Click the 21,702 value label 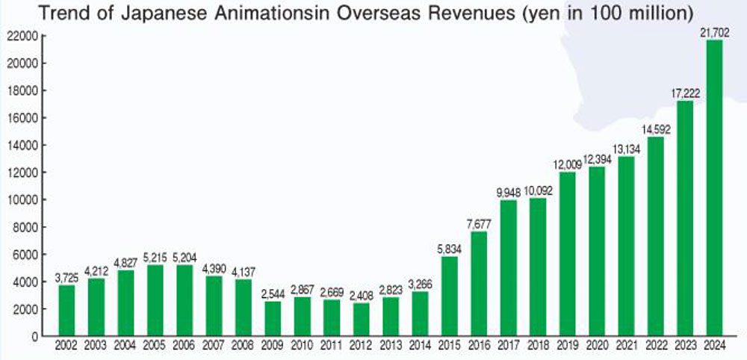pos(714,33)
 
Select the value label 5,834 pos(450,250)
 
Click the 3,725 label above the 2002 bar pos(67,279)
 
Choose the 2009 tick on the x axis pos(273,346)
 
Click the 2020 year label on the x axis pos(597,346)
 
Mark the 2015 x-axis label pos(450,346)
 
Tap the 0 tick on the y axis pos(34,336)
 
